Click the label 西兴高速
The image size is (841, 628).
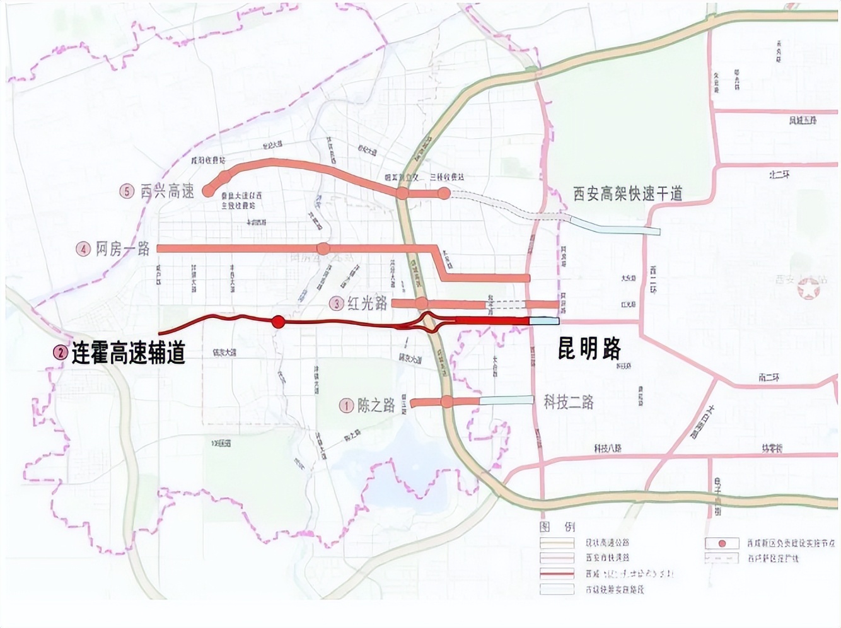pyautogui.click(x=167, y=191)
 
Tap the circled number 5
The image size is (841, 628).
pyautogui.click(x=127, y=191)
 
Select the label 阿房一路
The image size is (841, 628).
pyautogui.click(x=123, y=249)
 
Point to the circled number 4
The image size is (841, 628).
pyautogui.click(x=84, y=250)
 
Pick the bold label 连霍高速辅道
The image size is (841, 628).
pyautogui.click(x=128, y=353)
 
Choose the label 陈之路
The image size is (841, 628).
pyautogui.click(x=376, y=405)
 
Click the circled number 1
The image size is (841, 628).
pyautogui.click(x=345, y=405)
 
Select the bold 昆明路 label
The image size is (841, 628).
pyautogui.click(x=589, y=347)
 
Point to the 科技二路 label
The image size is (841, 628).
pyautogui.click(x=569, y=402)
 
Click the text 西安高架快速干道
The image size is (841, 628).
pyautogui.click(x=627, y=194)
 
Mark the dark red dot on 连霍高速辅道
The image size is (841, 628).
pyautogui.click(x=278, y=322)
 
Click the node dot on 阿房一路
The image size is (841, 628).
pyautogui.click(x=323, y=248)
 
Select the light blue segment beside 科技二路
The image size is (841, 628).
pyautogui.click(x=507, y=400)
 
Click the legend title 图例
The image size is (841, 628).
pyautogui.click(x=557, y=526)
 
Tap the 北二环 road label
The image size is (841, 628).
pyautogui.click(x=779, y=174)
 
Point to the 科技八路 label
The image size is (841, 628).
pyautogui.click(x=608, y=448)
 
